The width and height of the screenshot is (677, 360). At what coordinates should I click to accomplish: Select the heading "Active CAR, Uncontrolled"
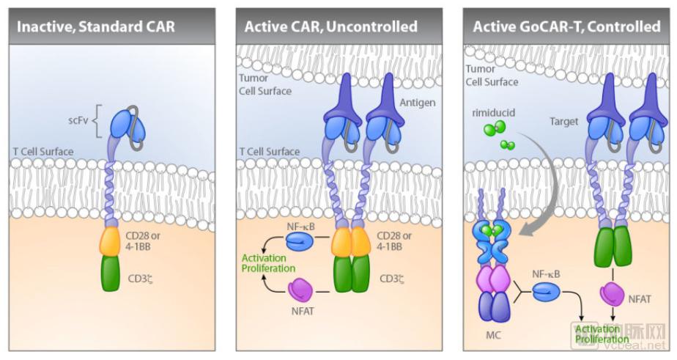[331, 27]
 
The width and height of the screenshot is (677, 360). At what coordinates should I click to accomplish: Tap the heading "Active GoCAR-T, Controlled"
[566, 27]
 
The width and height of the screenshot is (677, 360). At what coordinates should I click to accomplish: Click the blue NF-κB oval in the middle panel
[299, 240]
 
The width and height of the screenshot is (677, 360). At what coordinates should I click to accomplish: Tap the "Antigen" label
[418, 103]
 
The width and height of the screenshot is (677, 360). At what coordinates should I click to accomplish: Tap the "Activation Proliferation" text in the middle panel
[264, 262]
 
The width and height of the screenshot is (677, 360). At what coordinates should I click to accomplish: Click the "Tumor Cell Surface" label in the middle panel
[264, 85]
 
